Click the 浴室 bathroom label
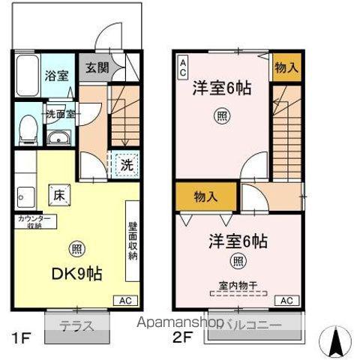[56, 76]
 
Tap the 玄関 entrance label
[94, 66]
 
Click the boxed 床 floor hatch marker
[58, 194]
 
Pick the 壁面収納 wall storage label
[133, 241]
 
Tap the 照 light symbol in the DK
[76, 250]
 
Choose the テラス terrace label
[76, 325]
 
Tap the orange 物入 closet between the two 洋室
[205, 197]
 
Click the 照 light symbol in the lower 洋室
[238, 262]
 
